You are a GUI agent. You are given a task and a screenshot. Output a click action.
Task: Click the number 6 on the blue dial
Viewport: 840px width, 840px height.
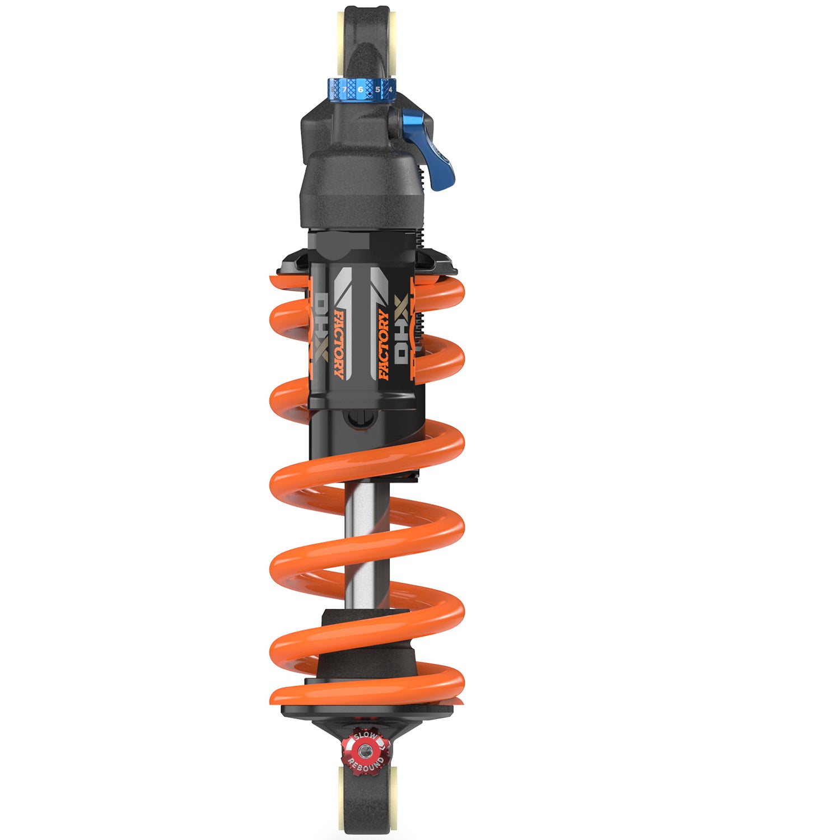pos(360,89)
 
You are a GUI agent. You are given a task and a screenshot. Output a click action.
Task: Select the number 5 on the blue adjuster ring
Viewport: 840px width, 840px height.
pos(377,89)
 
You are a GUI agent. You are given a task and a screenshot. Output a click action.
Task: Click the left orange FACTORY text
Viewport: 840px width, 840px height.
pos(338,344)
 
